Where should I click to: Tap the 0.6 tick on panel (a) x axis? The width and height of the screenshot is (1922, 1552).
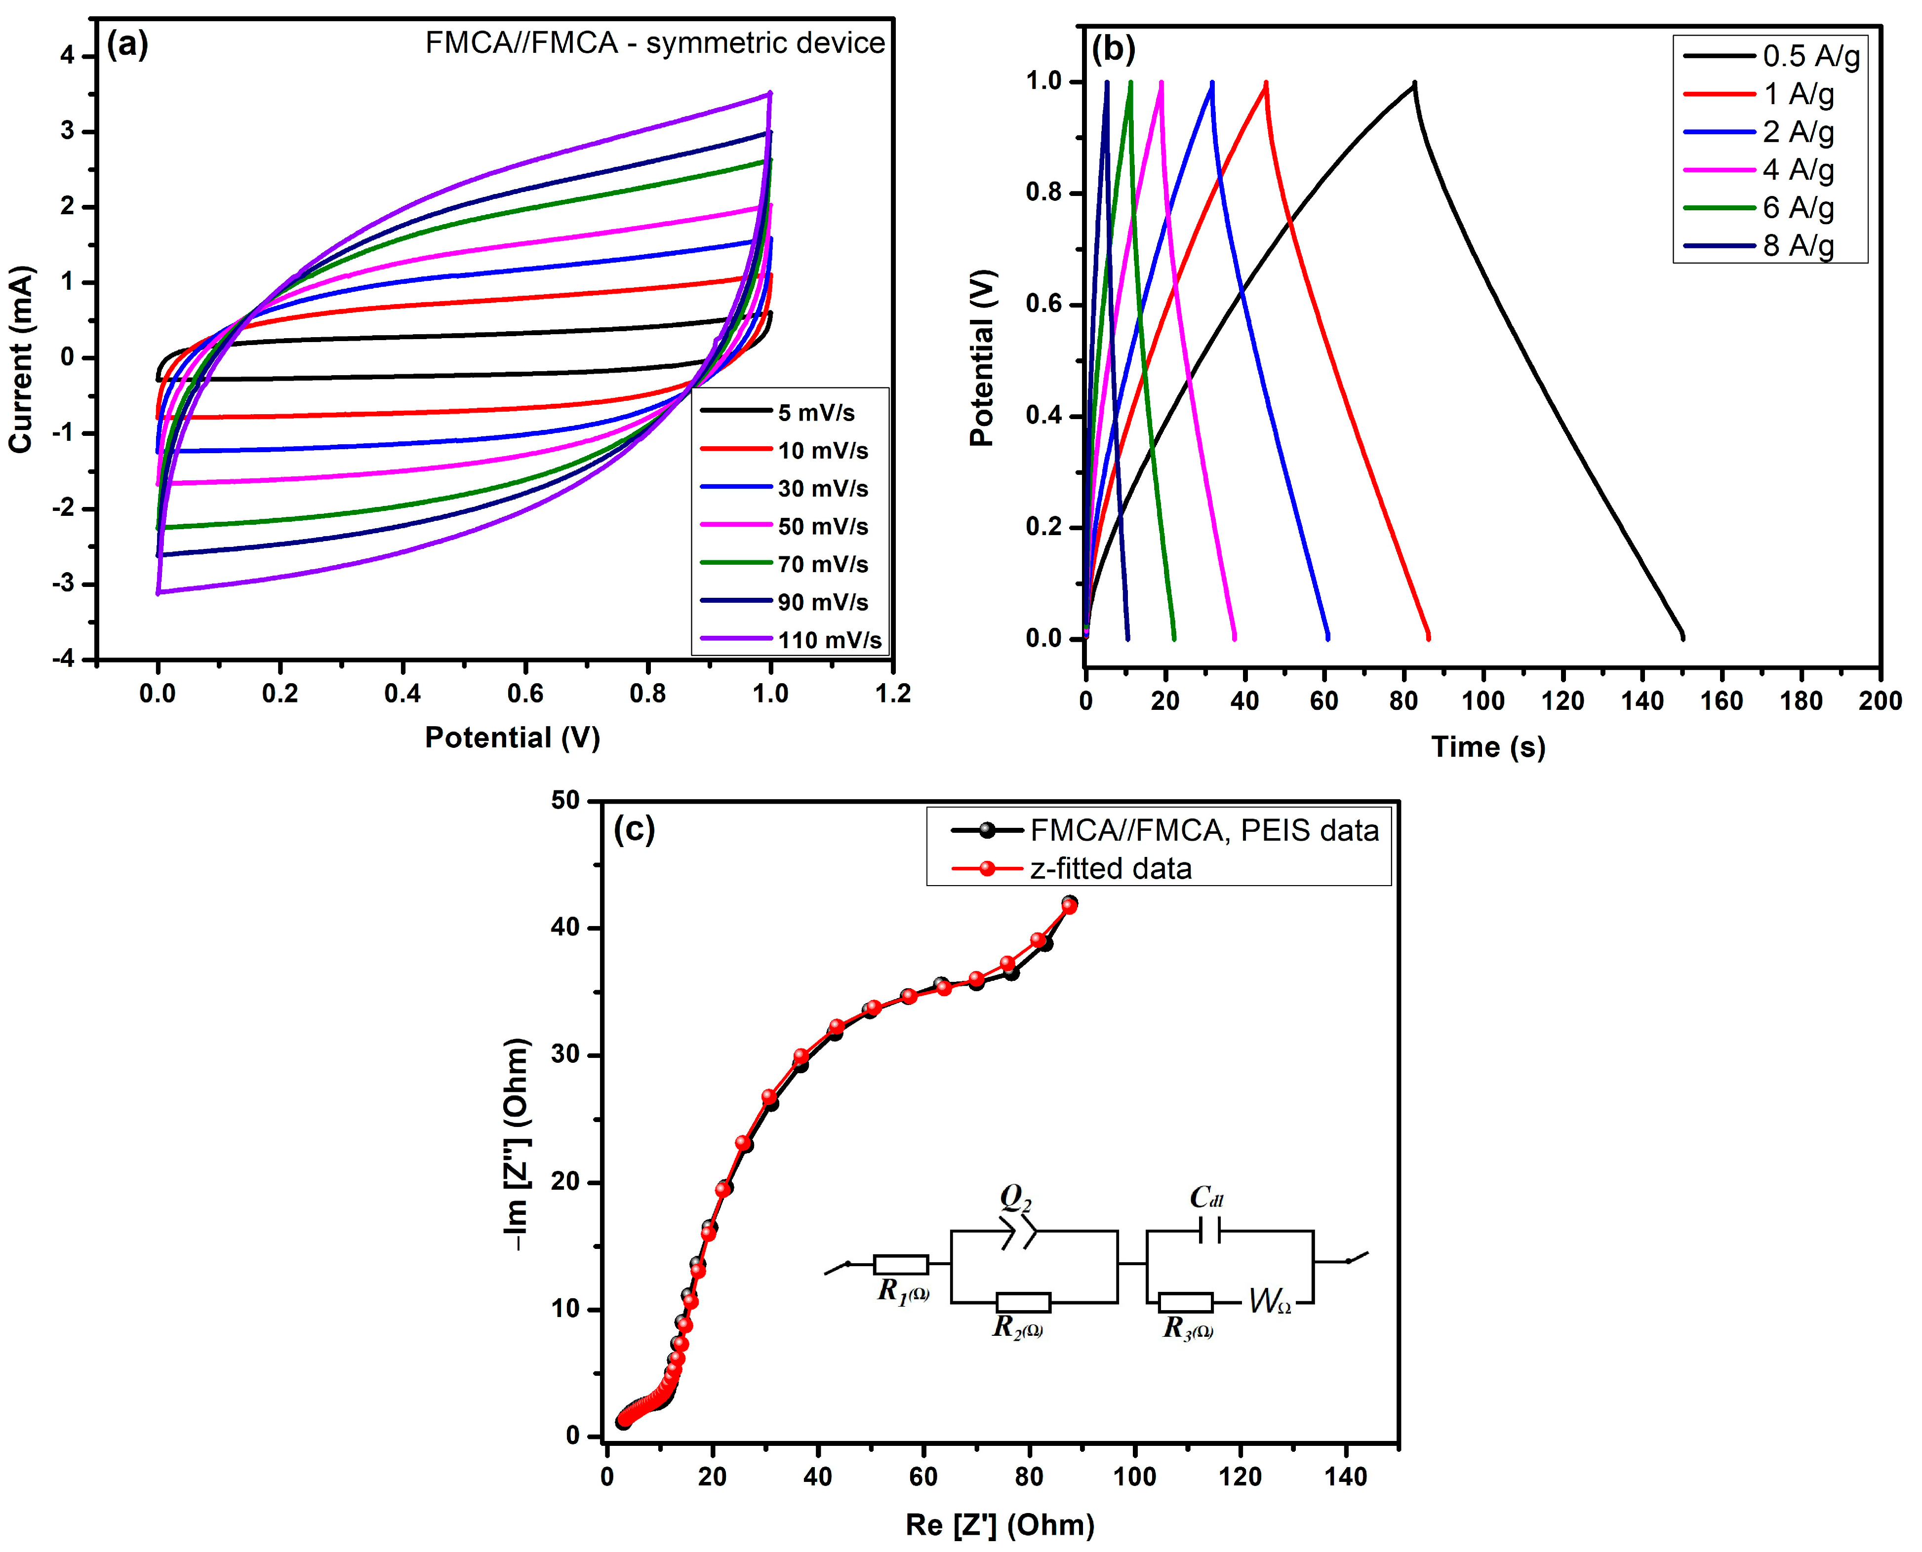[525, 694]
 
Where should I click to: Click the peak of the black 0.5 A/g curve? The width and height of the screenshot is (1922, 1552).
[1414, 83]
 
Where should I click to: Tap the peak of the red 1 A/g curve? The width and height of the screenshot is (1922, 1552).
[1266, 83]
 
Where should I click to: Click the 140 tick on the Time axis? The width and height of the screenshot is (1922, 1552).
[1642, 701]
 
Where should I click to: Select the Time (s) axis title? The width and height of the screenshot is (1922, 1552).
[1487, 746]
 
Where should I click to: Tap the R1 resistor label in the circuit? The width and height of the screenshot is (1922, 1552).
[902, 1291]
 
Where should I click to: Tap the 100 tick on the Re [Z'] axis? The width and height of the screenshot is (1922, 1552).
[1134, 1476]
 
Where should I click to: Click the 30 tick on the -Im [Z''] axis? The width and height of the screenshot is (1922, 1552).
[565, 1055]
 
